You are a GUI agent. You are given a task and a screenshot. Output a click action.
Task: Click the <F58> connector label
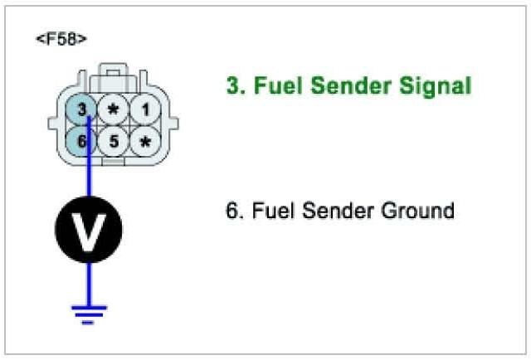pyautogui.click(x=61, y=39)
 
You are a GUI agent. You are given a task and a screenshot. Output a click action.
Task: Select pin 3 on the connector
pyautogui.click(x=82, y=109)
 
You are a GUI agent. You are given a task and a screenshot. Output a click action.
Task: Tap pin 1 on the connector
pyautogui.click(x=145, y=109)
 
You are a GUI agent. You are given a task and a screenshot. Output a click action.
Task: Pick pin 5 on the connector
pyautogui.click(x=114, y=142)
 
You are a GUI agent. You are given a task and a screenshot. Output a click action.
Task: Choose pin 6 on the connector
pyautogui.click(x=82, y=142)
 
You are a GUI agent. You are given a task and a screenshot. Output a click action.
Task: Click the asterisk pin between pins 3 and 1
pyautogui.click(x=114, y=109)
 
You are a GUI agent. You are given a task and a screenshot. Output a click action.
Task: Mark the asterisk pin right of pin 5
pyautogui.click(x=145, y=142)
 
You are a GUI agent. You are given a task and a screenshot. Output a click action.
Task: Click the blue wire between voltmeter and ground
pyautogui.click(x=89, y=282)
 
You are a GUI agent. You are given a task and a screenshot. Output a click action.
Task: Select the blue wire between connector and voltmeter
pyautogui.click(x=89, y=178)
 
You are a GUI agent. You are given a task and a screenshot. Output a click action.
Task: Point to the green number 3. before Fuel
pyautogui.click(x=235, y=85)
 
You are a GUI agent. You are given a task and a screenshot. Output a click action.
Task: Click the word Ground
pyautogui.click(x=413, y=211)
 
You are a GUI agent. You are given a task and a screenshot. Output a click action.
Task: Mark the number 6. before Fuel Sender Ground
pyautogui.click(x=233, y=211)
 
